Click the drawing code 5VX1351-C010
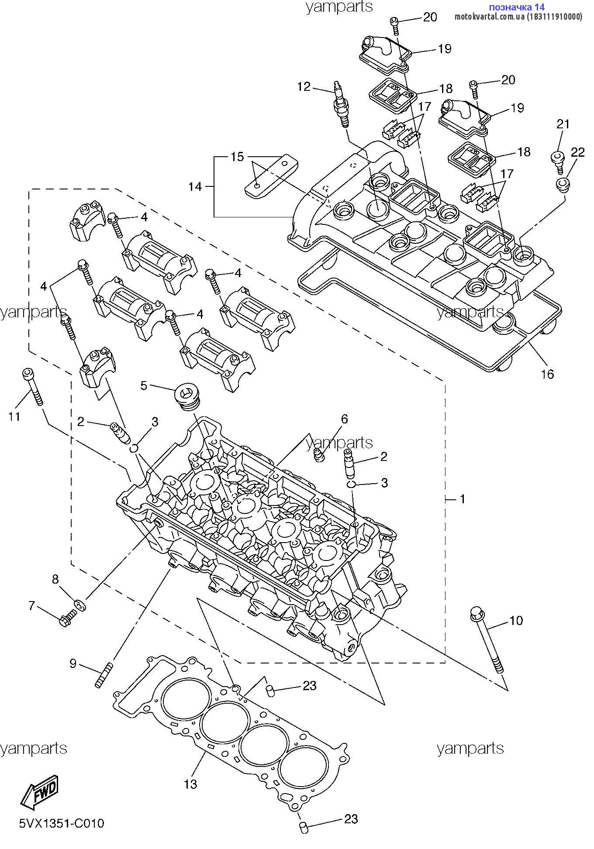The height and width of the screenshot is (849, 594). click(x=62, y=823)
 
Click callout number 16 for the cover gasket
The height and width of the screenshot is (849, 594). click(x=547, y=374)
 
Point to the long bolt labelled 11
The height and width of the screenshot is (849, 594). click(x=33, y=386)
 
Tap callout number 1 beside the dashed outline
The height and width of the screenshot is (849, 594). click(x=463, y=498)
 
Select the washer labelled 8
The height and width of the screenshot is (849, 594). click(x=80, y=605)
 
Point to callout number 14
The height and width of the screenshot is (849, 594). click(x=195, y=187)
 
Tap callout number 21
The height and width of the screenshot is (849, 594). click(x=563, y=124)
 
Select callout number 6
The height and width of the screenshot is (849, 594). click(x=344, y=419)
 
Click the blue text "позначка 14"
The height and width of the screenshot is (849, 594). click(x=517, y=7)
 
